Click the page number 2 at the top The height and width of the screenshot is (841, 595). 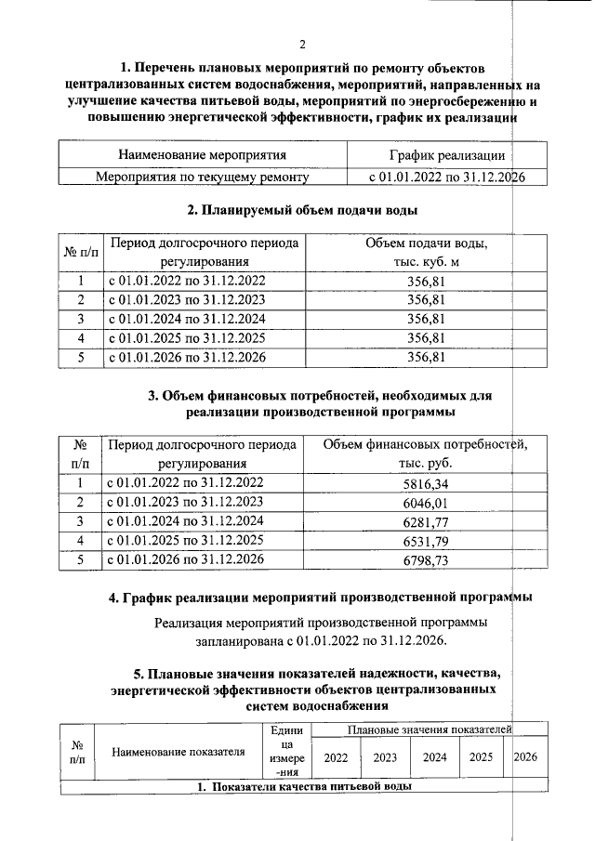[x=303, y=45]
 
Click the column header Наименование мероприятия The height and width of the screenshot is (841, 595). [x=202, y=154]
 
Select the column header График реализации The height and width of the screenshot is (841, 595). [x=445, y=154]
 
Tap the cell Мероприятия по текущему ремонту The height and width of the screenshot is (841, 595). [x=203, y=177]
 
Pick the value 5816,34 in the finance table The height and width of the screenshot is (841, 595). [x=427, y=482]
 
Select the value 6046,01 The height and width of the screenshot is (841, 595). [x=427, y=502]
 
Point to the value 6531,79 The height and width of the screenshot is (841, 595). [x=427, y=540]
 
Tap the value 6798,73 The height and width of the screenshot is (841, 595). [x=427, y=559]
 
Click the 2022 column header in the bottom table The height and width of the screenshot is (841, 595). [x=336, y=756]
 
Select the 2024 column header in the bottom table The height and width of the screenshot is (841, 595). [x=434, y=756]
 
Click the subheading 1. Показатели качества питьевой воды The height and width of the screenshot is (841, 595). [x=303, y=787]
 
